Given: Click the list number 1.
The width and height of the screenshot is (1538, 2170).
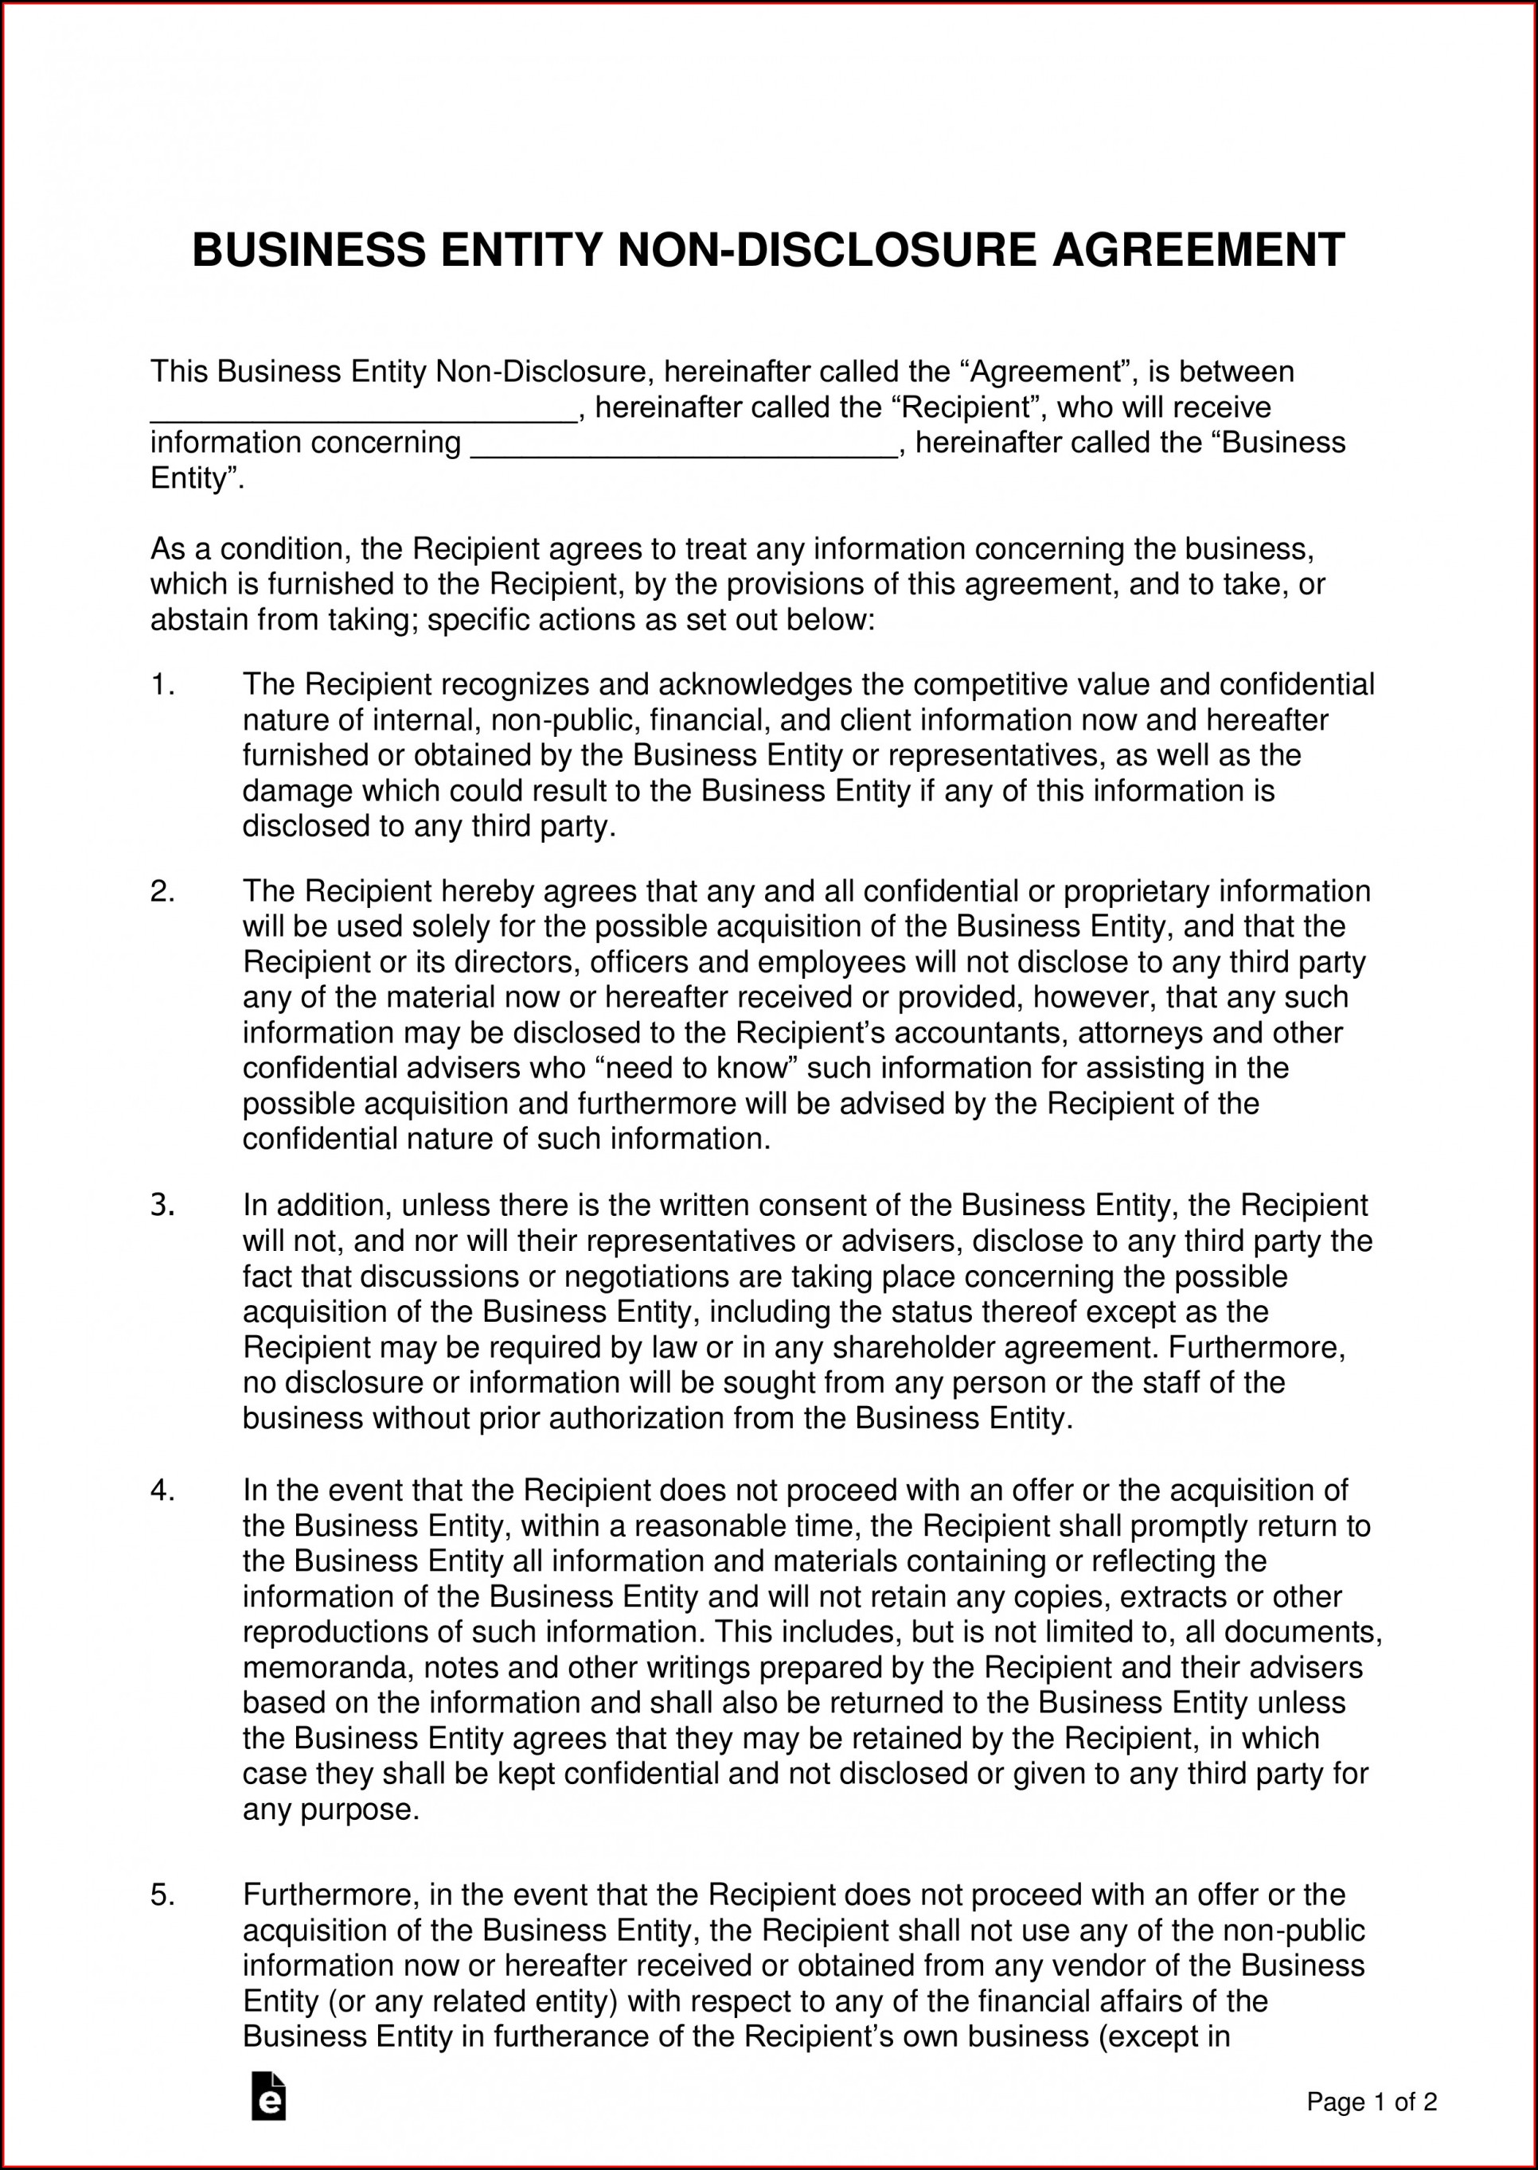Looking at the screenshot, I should [x=162, y=684].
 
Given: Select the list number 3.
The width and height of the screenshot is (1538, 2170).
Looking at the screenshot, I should [x=162, y=1206].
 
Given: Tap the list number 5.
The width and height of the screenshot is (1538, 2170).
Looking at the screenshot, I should [x=162, y=1895].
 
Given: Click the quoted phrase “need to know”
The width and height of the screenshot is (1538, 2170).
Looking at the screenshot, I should [x=699, y=1068].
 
